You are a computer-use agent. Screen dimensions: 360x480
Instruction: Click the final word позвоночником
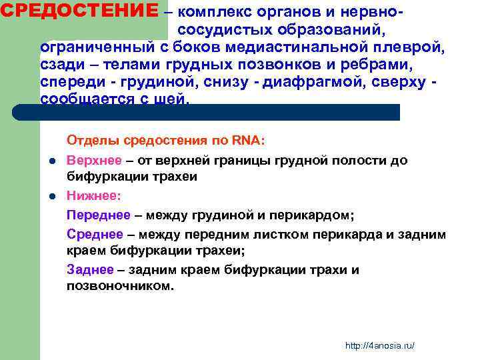[119, 286]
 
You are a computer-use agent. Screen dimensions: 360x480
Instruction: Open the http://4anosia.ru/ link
[380, 345]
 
